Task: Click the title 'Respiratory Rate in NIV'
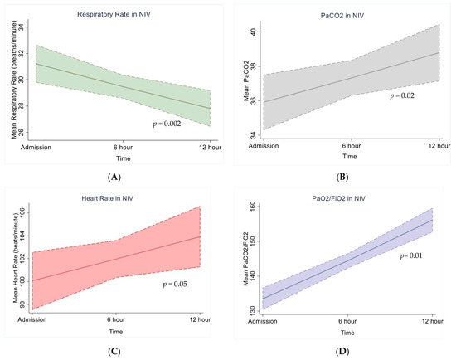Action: [114, 15]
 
